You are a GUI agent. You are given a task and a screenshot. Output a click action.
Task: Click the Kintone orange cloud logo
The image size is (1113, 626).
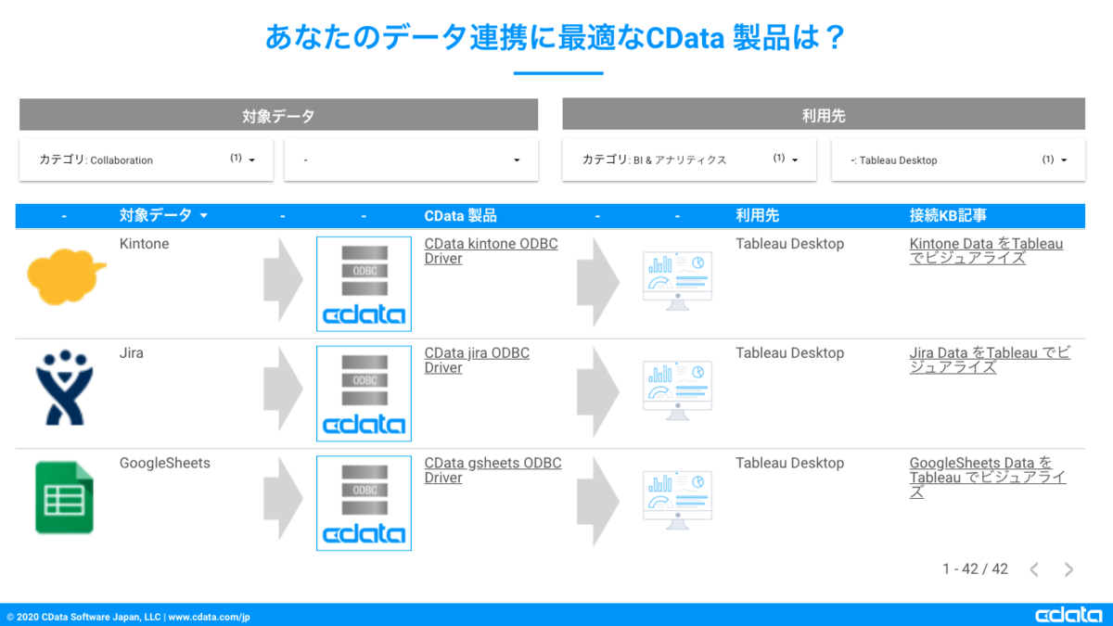pyautogui.click(x=66, y=275)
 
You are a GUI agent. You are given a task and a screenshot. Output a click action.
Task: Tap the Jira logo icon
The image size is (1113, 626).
pyautogui.click(x=64, y=388)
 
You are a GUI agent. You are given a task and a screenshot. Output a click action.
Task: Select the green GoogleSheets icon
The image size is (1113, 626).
pyautogui.click(x=64, y=497)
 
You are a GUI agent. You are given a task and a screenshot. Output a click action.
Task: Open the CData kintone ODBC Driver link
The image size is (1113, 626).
pyautogui.click(x=491, y=251)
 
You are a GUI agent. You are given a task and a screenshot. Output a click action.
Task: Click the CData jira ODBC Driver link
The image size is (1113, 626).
pyautogui.click(x=477, y=361)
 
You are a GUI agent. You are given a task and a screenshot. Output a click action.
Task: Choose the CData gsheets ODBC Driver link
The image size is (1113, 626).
pyautogui.click(x=493, y=470)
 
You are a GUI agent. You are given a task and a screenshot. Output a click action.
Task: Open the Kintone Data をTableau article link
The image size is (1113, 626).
pyautogui.click(x=986, y=251)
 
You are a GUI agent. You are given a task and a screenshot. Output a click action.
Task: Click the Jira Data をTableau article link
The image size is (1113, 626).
pyautogui.click(x=989, y=361)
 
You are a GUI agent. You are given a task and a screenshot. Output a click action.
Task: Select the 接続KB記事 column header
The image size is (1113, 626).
pyautogui.click(x=948, y=216)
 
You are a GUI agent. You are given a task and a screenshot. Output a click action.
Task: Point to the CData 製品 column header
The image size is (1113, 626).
pyautogui.click(x=460, y=216)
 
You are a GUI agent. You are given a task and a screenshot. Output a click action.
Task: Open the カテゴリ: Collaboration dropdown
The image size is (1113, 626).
pyautogui.click(x=147, y=160)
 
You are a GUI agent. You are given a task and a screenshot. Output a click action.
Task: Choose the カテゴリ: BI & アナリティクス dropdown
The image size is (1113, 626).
pyautogui.click(x=689, y=160)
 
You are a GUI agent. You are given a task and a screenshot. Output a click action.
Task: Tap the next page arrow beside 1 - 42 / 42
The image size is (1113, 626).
pyautogui.click(x=1068, y=569)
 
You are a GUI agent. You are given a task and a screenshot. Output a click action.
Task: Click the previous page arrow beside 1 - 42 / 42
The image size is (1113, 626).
pyautogui.click(x=1034, y=569)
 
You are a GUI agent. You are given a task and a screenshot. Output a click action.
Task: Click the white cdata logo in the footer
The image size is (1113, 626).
pyautogui.click(x=1068, y=616)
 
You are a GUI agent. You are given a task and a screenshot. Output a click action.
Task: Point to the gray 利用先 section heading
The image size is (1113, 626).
pyautogui.click(x=824, y=116)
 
